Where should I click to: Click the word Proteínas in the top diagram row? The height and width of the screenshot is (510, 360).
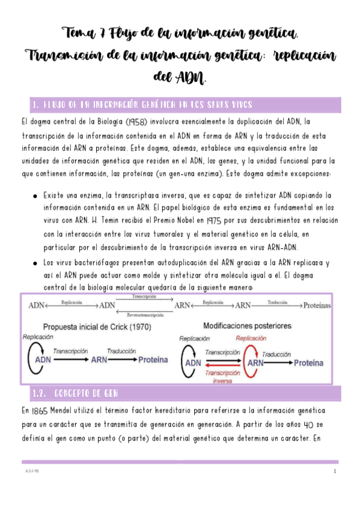coord(317,306)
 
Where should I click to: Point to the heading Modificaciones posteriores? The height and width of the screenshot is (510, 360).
coord(246,326)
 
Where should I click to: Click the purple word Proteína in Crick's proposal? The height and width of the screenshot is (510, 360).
coord(153,360)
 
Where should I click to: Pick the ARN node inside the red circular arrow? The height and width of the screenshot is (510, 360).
coord(255,363)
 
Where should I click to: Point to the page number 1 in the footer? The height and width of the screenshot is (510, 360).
coord(334,472)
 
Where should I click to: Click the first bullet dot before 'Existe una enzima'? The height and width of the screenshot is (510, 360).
coord(35,197)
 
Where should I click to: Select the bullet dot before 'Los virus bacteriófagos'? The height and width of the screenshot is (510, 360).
coord(35,263)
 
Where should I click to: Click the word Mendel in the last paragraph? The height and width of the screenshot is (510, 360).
coord(72,411)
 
